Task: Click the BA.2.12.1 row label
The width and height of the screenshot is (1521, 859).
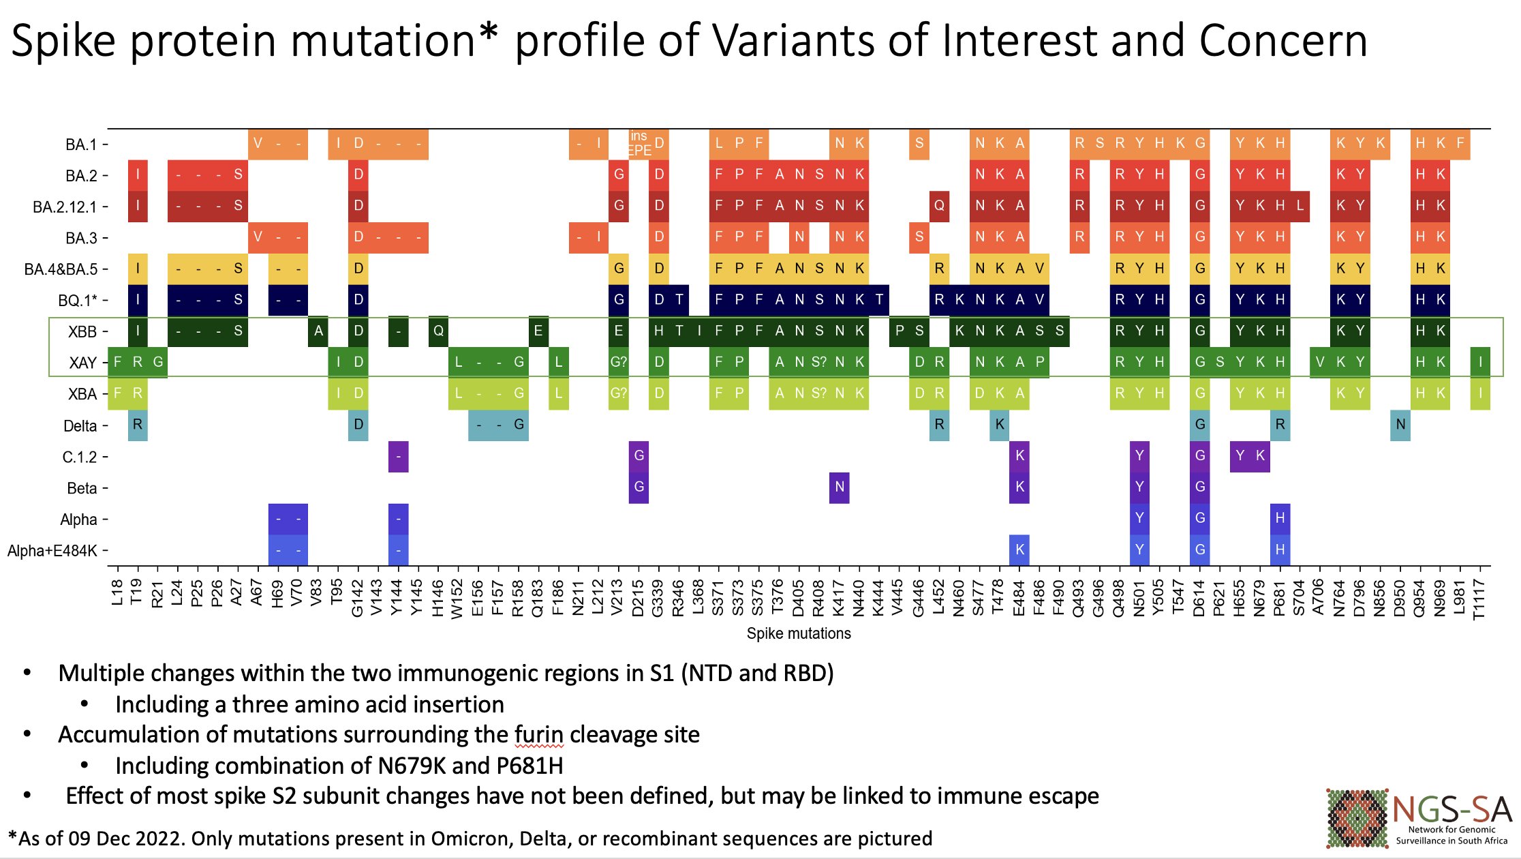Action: pos(65,207)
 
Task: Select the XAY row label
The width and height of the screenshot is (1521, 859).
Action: pos(82,363)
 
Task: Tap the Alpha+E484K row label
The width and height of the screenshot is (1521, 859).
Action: pos(52,551)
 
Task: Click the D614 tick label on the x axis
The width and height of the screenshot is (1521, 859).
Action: pos(1199,598)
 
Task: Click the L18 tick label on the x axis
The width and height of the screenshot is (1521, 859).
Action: pos(117,592)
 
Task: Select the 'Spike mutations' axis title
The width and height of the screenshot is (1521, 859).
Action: pos(799,633)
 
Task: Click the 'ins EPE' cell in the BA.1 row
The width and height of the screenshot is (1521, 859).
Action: pos(639,143)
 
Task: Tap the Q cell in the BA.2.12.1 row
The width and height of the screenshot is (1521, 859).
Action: pos(939,206)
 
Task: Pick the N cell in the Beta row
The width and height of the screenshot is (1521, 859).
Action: pos(840,487)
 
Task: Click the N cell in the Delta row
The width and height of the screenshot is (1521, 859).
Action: pos(1400,425)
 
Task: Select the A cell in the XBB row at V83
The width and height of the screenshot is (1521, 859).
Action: pos(318,331)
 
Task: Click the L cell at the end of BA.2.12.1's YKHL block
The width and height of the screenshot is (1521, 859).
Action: pos(1300,206)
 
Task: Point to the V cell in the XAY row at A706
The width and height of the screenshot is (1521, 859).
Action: pos(1320,362)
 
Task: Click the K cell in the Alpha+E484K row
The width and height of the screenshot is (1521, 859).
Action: pos(1019,549)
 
